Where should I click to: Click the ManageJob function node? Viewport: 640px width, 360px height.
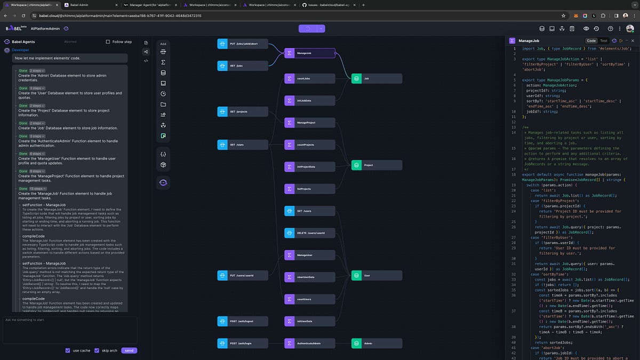click(309, 53)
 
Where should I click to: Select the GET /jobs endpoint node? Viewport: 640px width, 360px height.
click(243, 66)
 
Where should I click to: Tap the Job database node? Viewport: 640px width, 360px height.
click(376, 78)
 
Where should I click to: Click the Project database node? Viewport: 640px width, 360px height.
click(376, 165)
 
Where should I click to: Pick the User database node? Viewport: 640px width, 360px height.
click(376, 275)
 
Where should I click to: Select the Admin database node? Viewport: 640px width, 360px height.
click(376, 343)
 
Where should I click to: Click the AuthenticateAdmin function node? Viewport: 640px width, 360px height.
click(309, 343)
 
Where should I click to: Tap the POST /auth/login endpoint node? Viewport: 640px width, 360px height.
click(243, 343)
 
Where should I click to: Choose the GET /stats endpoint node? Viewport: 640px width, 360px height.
click(243, 145)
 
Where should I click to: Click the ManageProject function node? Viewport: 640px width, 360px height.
click(309, 123)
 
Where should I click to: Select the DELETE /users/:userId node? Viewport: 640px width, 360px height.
click(309, 233)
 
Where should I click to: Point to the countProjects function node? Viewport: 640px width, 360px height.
click(309, 145)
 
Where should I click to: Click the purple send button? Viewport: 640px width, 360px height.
click(129, 350)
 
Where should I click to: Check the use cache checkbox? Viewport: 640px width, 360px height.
click(68, 350)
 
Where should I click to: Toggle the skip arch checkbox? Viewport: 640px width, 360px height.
click(97, 350)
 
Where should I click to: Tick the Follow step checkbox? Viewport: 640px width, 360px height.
click(108, 42)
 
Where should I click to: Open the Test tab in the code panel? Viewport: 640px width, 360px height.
click(603, 41)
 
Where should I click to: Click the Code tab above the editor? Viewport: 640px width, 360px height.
click(591, 41)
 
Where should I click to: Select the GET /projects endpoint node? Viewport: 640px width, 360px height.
click(243, 111)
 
